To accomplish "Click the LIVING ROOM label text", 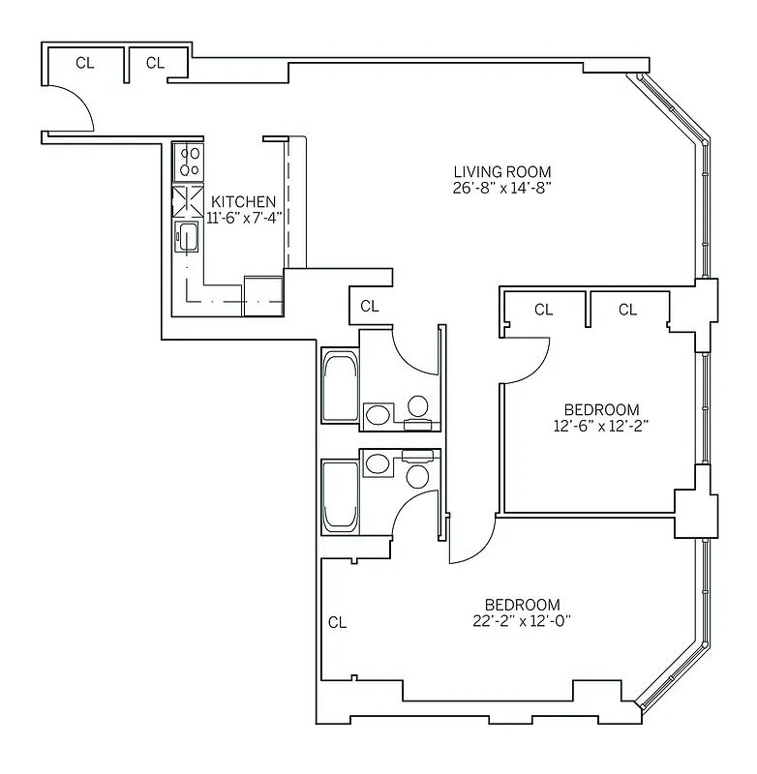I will tap(501, 172).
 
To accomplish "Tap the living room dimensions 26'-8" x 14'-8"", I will tap(501, 188).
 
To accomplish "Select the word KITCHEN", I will tap(244, 202).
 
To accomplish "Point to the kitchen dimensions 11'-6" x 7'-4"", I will tap(244, 218).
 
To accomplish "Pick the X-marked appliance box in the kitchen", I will tap(187, 200).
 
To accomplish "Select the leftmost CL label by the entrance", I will tap(85, 64).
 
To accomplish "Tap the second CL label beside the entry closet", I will tap(155, 64).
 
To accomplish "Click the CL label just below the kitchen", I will tap(369, 307).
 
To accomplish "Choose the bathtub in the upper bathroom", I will tap(339, 387).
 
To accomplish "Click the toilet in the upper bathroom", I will tap(419, 406).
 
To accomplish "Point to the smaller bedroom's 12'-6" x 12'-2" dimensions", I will tap(601, 425).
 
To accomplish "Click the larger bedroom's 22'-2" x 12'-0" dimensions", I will tap(523, 620).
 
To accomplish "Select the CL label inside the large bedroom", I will tap(337, 623).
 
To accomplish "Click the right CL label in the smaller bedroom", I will tap(627, 311).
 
